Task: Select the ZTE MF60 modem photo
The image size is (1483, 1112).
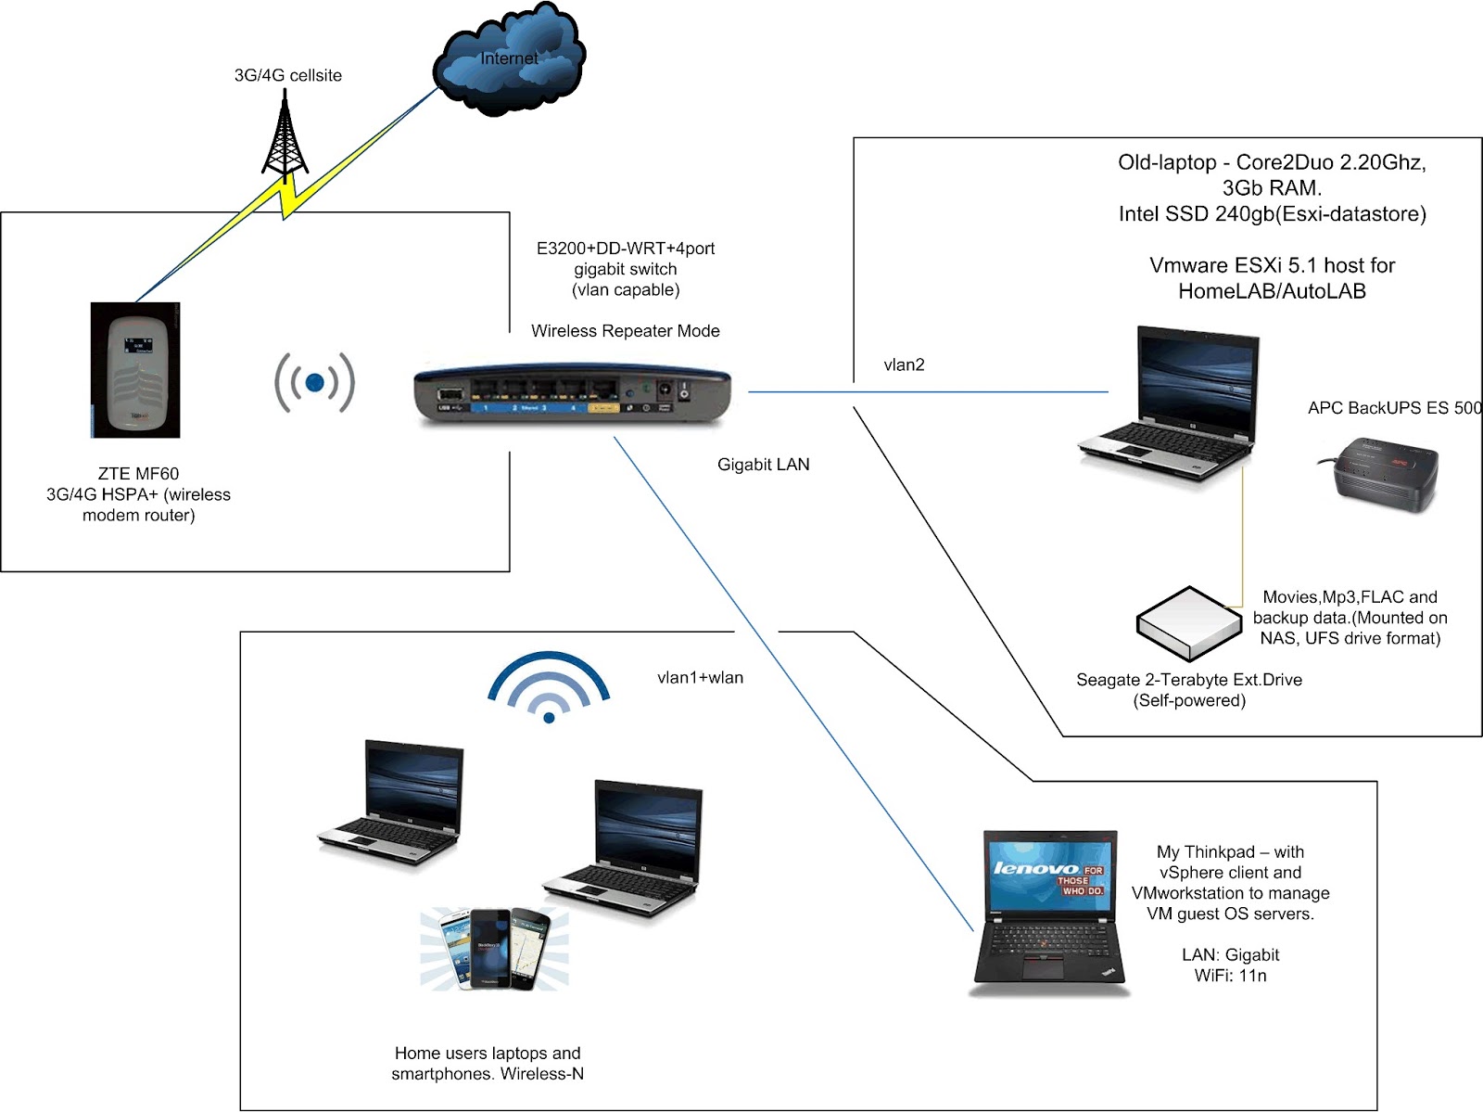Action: pyautogui.click(x=136, y=370)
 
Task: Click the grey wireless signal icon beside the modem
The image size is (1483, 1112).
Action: pyautogui.click(x=314, y=382)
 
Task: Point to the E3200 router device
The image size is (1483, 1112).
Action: pyautogui.click(x=573, y=393)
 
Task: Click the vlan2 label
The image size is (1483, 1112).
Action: pyautogui.click(x=904, y=364)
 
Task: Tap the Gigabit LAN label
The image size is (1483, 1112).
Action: pyautogui.click(x=763, y=465)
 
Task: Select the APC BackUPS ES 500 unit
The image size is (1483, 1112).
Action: pyautogui.click(x=1378, y=476)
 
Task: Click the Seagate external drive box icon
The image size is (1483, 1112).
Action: pyautogui.click(x=1188, y=622)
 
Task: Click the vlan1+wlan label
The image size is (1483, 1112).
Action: pyautogui.click(x=700, y=678)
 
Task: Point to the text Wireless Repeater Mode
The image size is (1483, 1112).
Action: pyautogui.click(x=625, y=331)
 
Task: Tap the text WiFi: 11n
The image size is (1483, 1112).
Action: pyautogui.click(x=1230, y=976)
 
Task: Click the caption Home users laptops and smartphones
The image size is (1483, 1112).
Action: pyautogui.click(x=488, y=1064)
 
